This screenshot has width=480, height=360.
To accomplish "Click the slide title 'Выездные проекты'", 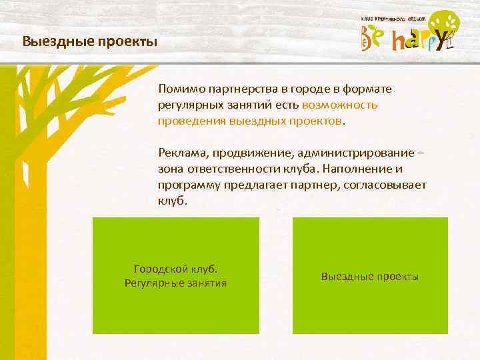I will [89, 41].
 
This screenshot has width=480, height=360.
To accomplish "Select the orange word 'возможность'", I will [340, 105].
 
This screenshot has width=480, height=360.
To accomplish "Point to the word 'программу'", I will [187, 185].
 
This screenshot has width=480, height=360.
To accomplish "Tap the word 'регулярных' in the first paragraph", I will [189, 105].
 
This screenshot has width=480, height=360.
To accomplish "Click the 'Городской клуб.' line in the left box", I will [175, 270].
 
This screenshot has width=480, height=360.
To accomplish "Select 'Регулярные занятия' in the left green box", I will [175, 283].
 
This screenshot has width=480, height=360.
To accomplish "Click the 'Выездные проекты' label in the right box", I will [370, 276].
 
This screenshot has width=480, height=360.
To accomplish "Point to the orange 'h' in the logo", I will [399, 42].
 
